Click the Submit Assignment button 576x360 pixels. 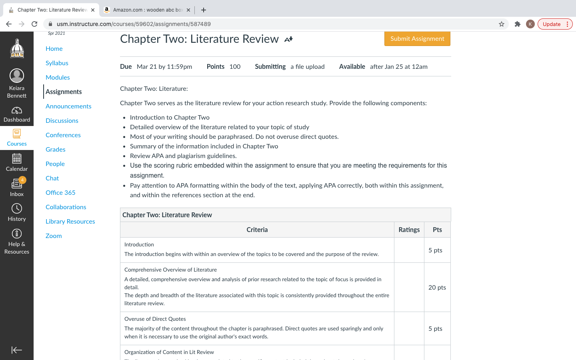click(x=417, y=39)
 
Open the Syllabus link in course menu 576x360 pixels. click(x=57, y=63)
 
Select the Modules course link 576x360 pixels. click(x=58, y=78)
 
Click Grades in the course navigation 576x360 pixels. click(x=55, y=150)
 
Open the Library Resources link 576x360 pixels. click(x=70, y=222)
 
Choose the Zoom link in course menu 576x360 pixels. click(x=54, y=236)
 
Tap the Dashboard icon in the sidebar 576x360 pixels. click(x=17, y=111)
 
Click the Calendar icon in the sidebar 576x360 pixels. click(x=17, y=159)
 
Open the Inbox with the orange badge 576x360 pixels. click(x=17, y=184)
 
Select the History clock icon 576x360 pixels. click(x=17, y=208)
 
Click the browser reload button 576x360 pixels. click(x=34, y=24)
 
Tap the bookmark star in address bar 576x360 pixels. click(x=502, y=24)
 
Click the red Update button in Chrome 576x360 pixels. click(x=552, y=24)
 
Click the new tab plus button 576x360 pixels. click(x=204, y=10)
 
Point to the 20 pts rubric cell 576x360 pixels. click(x=437, y=288)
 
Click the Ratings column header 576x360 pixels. click(x=409, y=230)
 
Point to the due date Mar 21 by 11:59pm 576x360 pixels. click(x=164, y=67)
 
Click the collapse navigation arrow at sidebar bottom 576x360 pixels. click(x=17, y=350)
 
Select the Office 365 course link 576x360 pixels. click(x=60, y=193)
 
